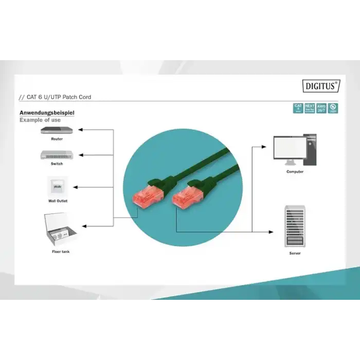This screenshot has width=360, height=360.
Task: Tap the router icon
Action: click(57, 130)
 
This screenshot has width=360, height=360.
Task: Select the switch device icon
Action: click(57, 154)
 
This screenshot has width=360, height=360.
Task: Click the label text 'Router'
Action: click(57, 139)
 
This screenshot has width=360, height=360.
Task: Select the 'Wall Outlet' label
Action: click(58, 201)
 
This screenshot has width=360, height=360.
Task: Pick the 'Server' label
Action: click(295, 254)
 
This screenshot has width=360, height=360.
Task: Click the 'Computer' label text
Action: click(295, 172)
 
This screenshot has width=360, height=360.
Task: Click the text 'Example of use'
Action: click(40, 120)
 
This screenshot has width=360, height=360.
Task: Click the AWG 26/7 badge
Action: click(321, 108)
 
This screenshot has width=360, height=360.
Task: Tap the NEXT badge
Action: click(310, 108)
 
